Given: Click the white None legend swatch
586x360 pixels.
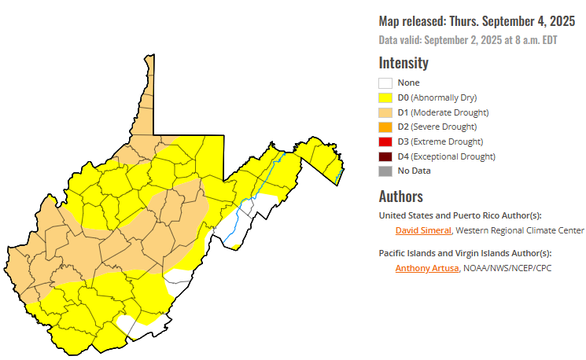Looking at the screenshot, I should point(385,83).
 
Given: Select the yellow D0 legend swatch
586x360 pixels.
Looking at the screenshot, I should point(385,97).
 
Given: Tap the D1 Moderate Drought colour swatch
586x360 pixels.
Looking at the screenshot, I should point(385,112).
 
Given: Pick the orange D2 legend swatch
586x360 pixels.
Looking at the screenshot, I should point(385,127).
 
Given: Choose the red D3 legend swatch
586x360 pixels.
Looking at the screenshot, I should point(385,141).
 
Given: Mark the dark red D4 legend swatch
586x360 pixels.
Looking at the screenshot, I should point(385,156).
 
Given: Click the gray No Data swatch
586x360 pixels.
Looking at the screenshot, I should point(385,171).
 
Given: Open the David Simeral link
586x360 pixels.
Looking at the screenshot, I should point(423,230).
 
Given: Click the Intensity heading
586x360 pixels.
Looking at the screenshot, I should point(404,63).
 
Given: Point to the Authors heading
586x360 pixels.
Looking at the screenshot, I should point(401,196).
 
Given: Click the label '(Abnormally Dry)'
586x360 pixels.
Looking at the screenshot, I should point(446,97).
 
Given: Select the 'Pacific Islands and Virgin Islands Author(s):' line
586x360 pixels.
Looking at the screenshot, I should point(465,253).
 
